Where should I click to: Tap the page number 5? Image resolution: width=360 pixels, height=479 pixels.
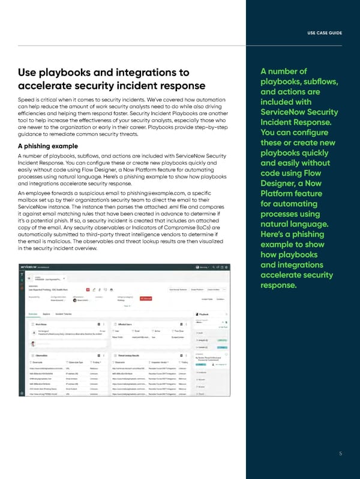340,453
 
